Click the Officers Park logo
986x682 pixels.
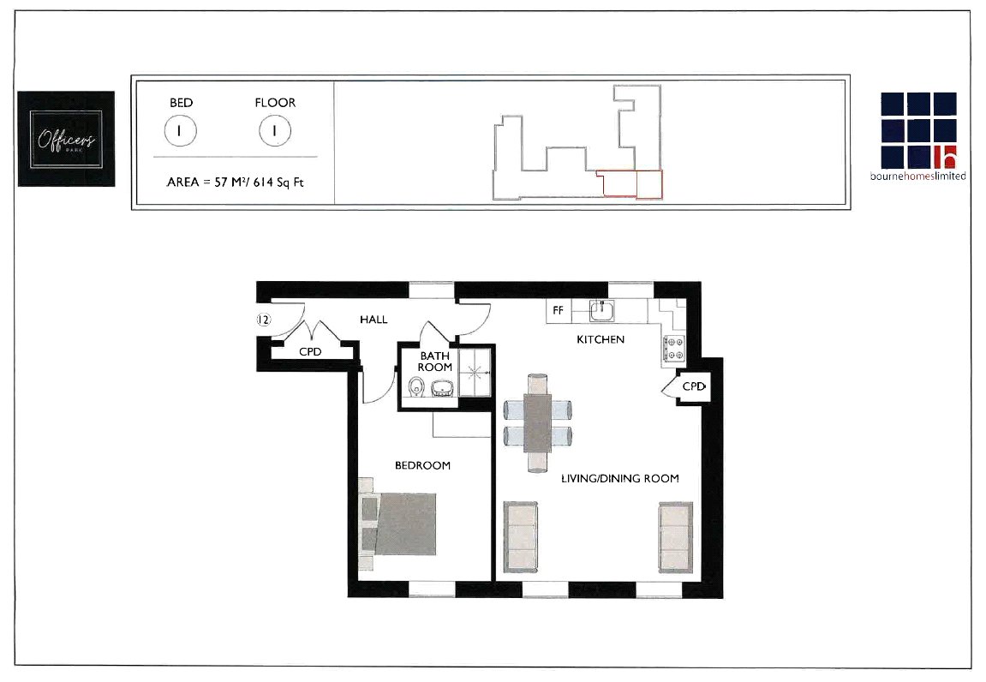click(66, 138)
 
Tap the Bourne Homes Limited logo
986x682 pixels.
click(923, 136)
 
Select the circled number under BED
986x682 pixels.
click(181, 131)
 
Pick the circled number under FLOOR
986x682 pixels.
click(275, 131)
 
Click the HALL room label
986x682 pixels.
click(373, 320)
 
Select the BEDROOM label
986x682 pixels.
click(422, 465)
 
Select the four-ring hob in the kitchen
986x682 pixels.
click(673, 348)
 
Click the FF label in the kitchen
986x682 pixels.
click(558, 310)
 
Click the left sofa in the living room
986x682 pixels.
click(521, 537)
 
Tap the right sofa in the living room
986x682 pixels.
click(674, 537)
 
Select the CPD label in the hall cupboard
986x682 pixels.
click(310, 351)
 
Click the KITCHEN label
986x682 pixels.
click(600, 339)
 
